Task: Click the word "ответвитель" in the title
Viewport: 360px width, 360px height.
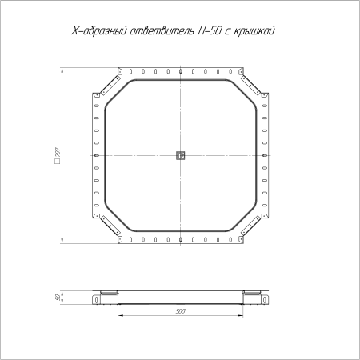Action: click(162, 31)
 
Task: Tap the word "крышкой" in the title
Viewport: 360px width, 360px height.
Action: click(254, 31)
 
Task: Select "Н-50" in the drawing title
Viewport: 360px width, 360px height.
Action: click(210, 30)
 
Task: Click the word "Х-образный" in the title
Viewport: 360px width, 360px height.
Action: click(98, 31)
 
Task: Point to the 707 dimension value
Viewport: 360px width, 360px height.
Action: click(58, 152)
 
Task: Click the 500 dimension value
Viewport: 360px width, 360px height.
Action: click(181, 311)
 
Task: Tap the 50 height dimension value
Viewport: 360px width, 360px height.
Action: click(58, 297)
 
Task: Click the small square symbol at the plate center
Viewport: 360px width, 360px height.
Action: click(181, 155)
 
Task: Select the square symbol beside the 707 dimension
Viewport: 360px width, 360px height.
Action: click(58, 162)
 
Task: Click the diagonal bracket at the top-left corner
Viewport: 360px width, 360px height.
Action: click(110, 85)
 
